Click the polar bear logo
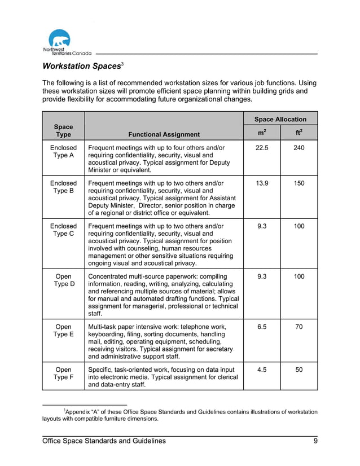(x=60, y=41)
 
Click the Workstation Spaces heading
(x=81, y=66)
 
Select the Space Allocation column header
(x=280, y=119)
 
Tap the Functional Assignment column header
(x=164, y=134)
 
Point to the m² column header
(x=262, y=133)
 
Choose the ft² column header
(x=299, y=133)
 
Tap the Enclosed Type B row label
(x=63, y=187)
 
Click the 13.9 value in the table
(x=262, y=184)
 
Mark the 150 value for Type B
(x=299, y=184)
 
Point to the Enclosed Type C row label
(x=63, y=230)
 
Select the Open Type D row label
(x=63, y=280)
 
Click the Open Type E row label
(x=63, y=331)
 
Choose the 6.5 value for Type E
(x=262, y=327)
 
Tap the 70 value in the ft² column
(x=299, y=327)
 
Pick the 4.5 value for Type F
(x=262, y=370)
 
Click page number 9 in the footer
(x=315, y=441)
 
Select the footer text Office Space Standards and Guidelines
(x=104, y=441)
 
